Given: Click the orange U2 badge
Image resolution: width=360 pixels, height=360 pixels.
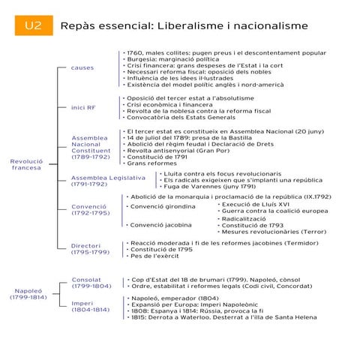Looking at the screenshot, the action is (33, 25).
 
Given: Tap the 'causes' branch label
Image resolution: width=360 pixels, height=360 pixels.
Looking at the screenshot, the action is (82, 68).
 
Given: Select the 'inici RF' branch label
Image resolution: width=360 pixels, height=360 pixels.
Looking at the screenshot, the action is (83, 107).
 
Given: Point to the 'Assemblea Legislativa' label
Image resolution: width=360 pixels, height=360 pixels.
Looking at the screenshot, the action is (108, 180).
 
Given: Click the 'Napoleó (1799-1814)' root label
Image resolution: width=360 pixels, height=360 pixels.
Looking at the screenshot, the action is (28, 293).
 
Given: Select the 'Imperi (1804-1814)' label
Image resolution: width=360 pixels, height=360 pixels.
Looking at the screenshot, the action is (90, 306).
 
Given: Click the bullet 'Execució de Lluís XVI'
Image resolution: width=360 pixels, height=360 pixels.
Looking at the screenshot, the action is (255, 203).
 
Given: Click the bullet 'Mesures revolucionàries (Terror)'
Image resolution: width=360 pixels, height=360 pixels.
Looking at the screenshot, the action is (274, 232).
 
